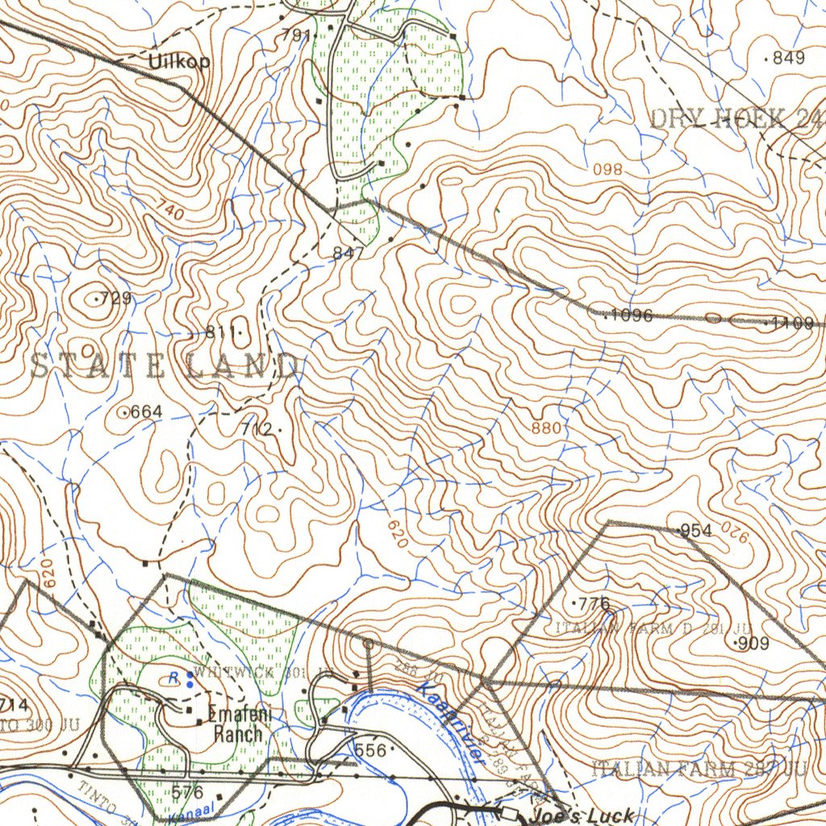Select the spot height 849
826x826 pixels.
(x=788, y=57)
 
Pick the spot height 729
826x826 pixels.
(x=115, y=298)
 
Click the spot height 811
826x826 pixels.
(x=220, y=332)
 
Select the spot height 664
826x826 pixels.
(x=146, y=412)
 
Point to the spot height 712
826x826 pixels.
(x=257, y=430)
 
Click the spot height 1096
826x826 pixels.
(x=631, y=315)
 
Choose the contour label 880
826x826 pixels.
(x=546, y=428)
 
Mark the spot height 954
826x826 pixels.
(x=695, y=530)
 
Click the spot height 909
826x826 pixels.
(x=753, y=644)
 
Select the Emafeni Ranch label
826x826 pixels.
(x=235, y=724)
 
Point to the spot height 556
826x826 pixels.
(x=370, y=750)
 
